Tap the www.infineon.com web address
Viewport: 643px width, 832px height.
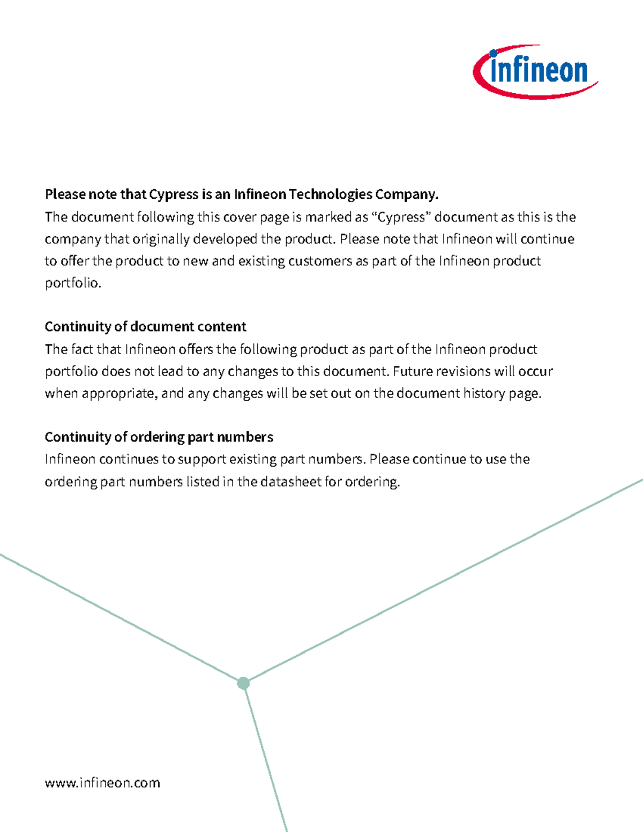(x=102, y=783)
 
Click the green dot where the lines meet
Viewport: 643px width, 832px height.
(x=243, y=683)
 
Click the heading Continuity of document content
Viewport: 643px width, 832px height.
(x=145, y=327)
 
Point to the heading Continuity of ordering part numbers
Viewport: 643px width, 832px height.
(x=159, y=437)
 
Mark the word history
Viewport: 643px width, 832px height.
(x=484, y=393)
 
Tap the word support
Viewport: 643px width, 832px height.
(x=201, y=460)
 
